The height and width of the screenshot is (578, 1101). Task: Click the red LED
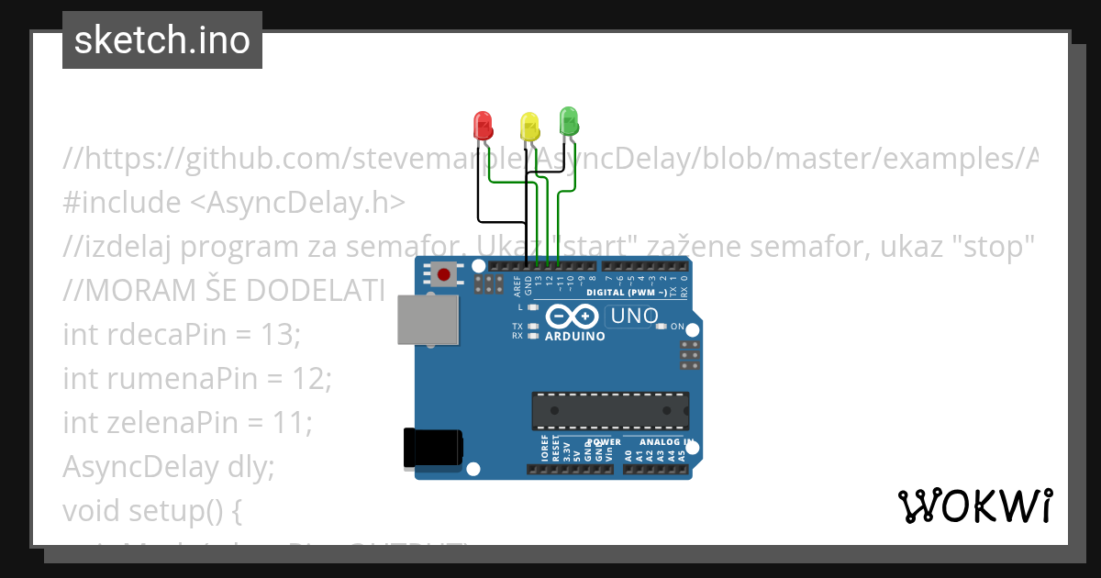[483, 125]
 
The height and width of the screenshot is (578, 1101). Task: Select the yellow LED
[529, 127]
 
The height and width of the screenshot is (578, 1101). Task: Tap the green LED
[569, 121]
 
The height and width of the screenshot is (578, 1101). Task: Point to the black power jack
[433, 450]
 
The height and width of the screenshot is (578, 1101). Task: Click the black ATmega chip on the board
[610, 410]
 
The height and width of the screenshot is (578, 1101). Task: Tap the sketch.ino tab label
[162, 40]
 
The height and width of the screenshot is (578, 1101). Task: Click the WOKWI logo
[974, 506]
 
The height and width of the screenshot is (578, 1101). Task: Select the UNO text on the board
[631, 316]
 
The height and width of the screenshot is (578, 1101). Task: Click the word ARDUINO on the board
[575, 337]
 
